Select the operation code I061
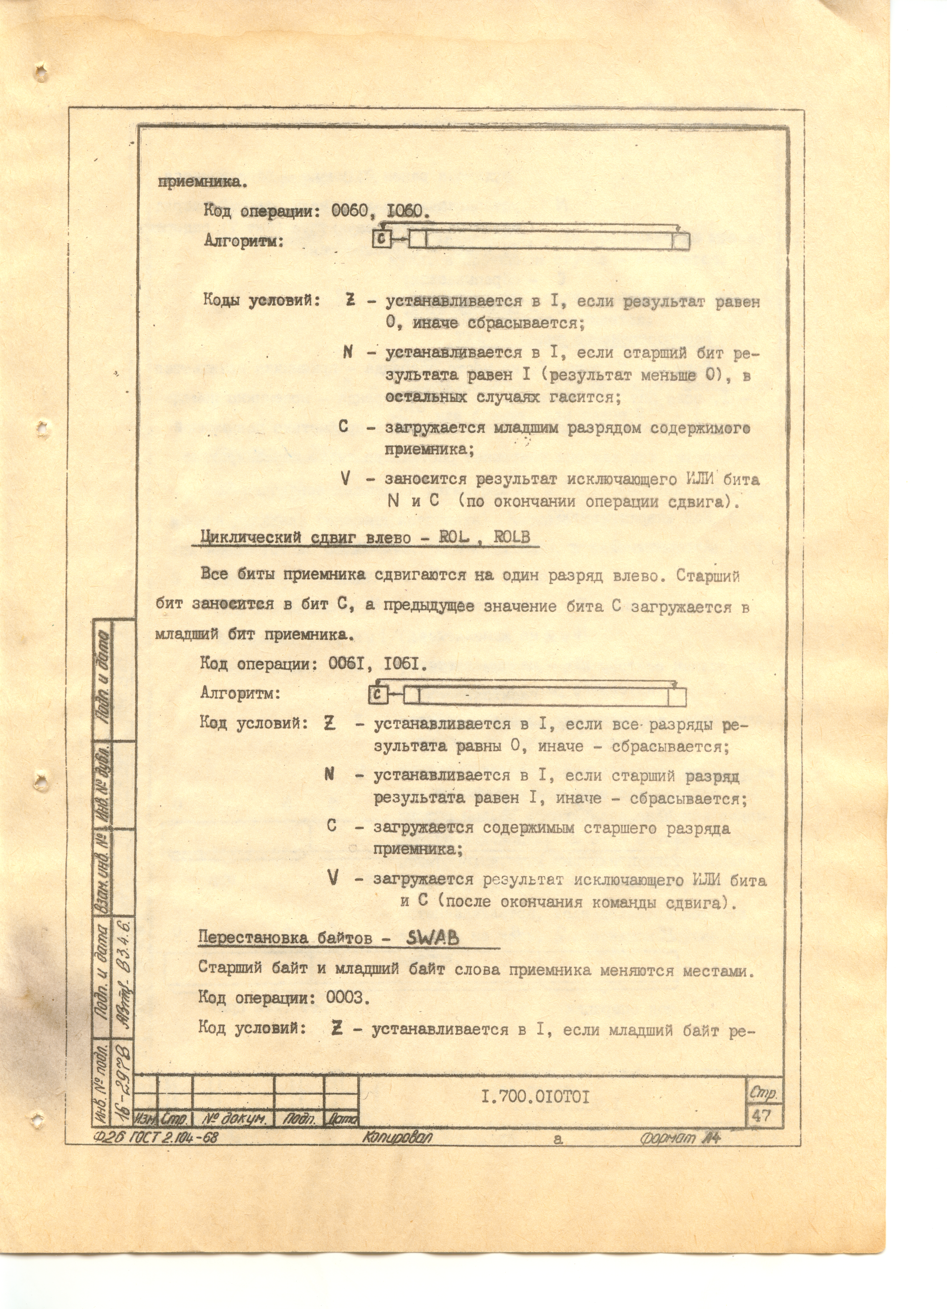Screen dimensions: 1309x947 coord(405,664)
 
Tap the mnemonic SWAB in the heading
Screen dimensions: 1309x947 coord(433,938)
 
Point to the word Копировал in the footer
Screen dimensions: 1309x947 coord(396,1137)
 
